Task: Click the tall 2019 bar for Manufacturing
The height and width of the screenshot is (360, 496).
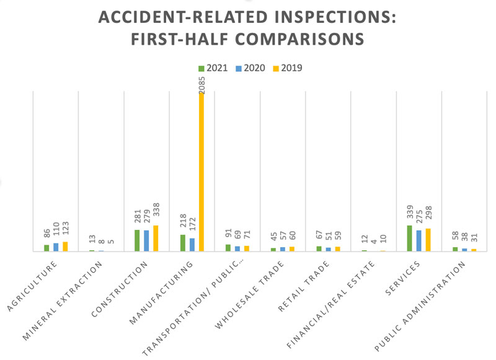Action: (x=201, y=173)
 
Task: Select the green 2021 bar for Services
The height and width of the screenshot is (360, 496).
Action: (x=410, y=239)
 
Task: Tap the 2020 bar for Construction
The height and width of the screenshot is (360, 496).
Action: (x=146, y=241)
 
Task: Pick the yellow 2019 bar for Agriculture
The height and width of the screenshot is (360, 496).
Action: (x=65, y=247)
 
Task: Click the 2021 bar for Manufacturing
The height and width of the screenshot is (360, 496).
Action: (x=183, y=243)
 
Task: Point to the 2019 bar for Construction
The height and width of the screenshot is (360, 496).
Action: (x=156, y=239)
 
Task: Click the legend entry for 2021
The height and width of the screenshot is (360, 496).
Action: (x=212, y=68)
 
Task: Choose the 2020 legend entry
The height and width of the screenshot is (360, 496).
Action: (x=250, y=68)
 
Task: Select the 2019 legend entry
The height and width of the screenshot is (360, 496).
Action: (x=288, y=68)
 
